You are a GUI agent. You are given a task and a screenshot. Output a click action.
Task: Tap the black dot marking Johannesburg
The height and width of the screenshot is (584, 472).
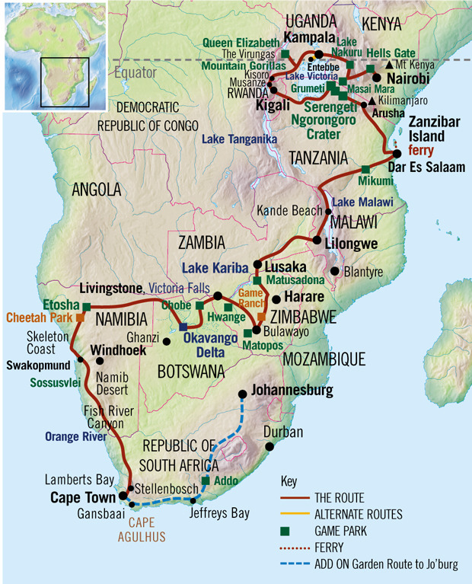coord(243,394)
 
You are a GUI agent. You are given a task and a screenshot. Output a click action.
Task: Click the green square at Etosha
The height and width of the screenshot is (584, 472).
coord(86,307)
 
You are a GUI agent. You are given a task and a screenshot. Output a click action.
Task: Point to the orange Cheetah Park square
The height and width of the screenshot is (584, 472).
coord(78,317)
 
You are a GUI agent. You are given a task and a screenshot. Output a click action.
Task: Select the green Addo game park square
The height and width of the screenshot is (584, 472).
coord(206,480)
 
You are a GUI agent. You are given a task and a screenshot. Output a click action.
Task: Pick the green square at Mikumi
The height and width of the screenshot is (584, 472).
coord(365,169)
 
